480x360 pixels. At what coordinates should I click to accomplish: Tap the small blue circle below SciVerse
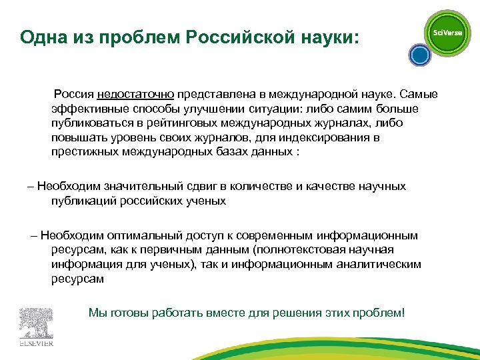pos(419,55)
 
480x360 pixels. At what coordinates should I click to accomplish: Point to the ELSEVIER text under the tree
pos(36,344)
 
